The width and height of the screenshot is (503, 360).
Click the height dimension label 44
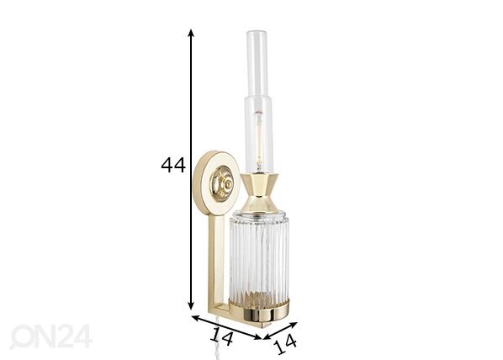point(173,165)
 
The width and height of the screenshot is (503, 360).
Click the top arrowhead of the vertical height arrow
point(191,33)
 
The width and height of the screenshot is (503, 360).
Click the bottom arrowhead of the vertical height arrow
point(191,306)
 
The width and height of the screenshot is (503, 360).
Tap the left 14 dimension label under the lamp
point(221,337)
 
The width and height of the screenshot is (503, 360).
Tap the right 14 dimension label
point(285,343)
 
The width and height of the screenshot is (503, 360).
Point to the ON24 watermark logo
point(50,336)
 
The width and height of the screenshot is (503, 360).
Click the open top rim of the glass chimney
point(257,33)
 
